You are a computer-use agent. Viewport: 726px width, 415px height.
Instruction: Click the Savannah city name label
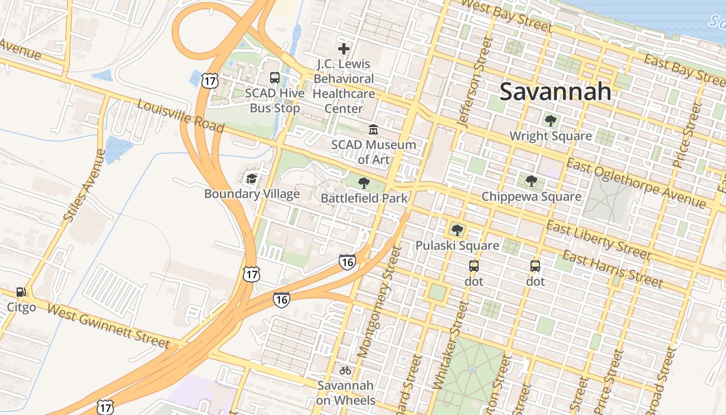[555, 92]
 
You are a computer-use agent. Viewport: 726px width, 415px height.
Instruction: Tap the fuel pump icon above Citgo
[21, 292]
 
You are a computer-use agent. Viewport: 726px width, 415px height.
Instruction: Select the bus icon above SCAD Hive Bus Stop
[275, 78]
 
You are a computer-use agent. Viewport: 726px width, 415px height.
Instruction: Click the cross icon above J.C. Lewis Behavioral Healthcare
[343, 49]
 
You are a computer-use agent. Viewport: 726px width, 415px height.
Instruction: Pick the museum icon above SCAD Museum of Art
[373, 129]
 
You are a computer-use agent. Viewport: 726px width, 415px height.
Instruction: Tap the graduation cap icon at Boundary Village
[252, 179]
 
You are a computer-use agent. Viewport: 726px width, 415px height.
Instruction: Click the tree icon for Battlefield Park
[364, 183]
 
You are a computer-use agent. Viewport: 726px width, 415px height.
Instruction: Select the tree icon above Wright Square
[550, 121]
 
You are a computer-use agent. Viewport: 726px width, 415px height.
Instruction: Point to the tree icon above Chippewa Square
[531, 181]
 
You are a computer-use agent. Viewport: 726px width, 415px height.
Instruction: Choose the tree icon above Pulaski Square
[457, 230]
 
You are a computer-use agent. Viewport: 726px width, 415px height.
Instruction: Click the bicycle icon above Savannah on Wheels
[345, 370]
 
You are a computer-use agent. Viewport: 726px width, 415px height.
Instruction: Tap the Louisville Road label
[180, 116]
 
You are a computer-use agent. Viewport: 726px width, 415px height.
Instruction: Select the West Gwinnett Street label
[108, 326]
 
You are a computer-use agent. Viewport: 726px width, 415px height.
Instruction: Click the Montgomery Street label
[379, 302]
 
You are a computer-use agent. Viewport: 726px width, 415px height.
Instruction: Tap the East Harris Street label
[612, 269]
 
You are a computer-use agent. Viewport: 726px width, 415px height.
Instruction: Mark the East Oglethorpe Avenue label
[636, 184]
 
